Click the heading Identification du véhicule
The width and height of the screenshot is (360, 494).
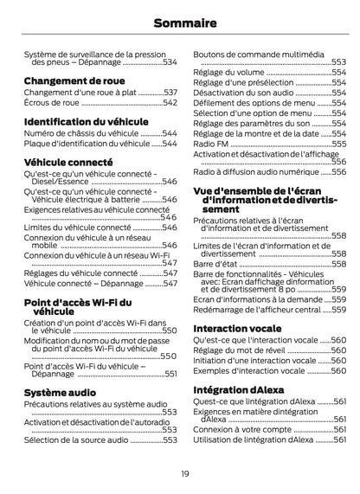86,122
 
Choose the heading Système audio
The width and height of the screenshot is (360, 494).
60,392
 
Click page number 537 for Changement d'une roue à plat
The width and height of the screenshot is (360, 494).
170,92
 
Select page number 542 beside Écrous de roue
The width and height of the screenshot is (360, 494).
170,103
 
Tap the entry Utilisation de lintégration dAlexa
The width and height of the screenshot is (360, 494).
253,440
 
